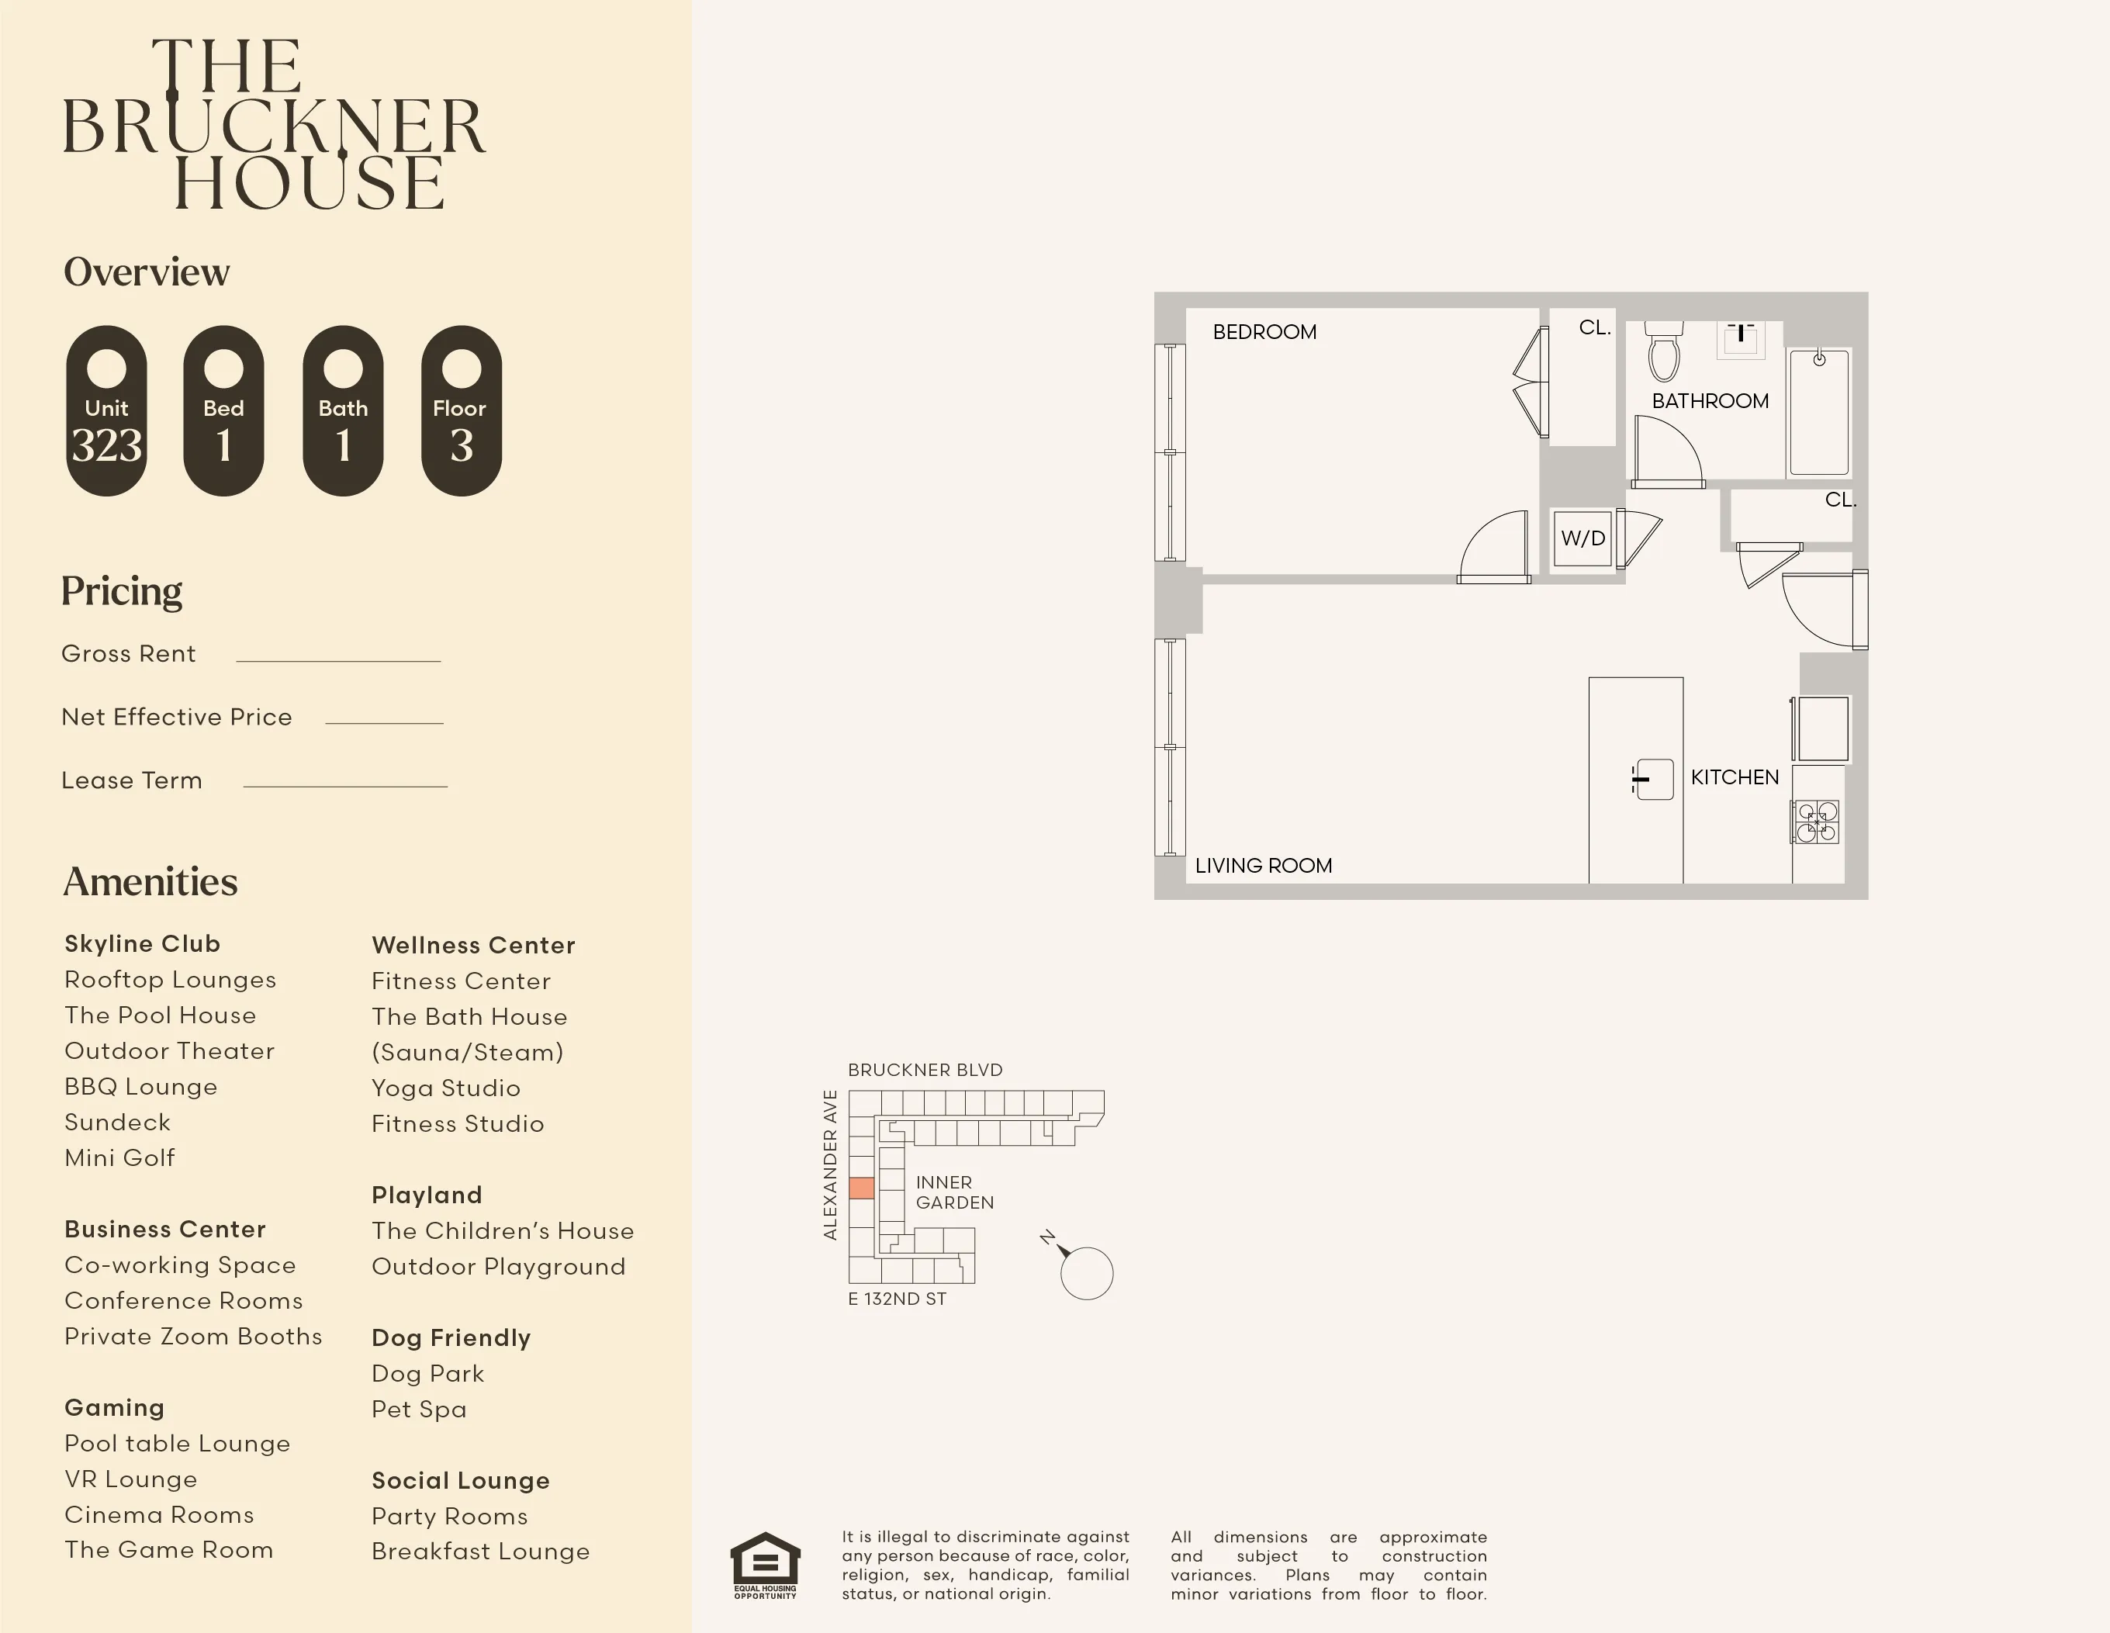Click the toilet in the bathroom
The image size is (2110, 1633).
[1664, 354]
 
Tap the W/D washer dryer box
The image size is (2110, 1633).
[1582, 538]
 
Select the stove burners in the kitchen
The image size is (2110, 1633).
[1816, 822]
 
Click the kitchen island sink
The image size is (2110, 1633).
[1654, 779]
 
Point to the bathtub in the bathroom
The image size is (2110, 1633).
[1818, 413]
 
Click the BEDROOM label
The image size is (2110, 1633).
[1264, 332]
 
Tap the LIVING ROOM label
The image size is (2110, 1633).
[1263, 866]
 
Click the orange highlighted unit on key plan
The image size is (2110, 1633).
[861, 1188]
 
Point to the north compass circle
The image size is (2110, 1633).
[1086, 1274]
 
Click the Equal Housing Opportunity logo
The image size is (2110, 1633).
[765, 1565]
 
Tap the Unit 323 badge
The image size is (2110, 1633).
[106, 410]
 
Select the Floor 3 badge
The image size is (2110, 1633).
[461, 410]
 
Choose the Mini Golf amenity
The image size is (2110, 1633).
[119, 1157]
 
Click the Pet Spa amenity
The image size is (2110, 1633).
[418, 1409]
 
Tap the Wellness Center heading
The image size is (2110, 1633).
[473, 945]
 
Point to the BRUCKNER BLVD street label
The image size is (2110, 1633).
[925, 1070]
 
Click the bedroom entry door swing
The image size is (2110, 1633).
[1493, 548]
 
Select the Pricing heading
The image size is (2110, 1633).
[122, 591]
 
